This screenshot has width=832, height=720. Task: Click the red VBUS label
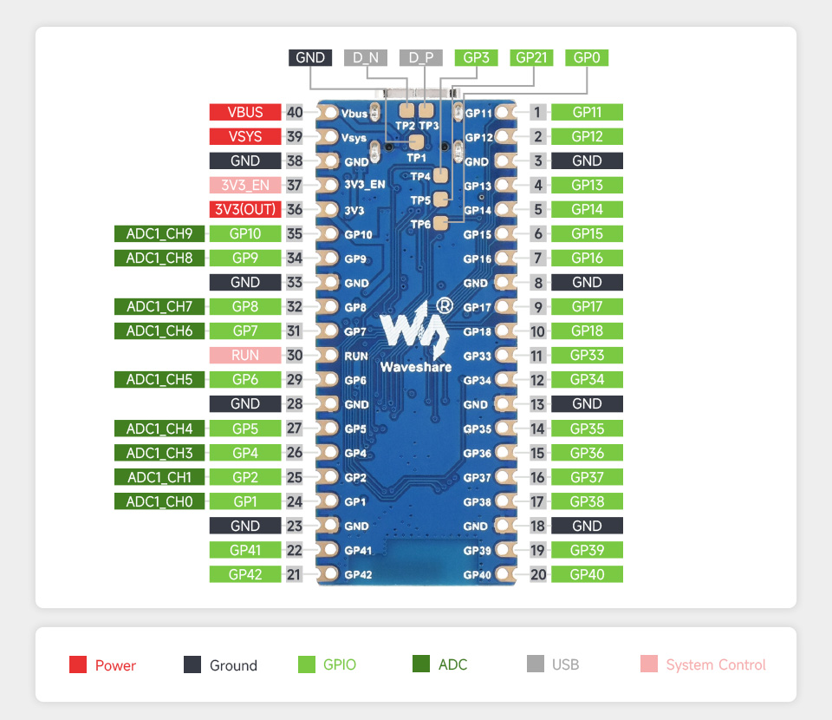tap(245, 112)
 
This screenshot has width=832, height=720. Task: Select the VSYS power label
tap(245, 136)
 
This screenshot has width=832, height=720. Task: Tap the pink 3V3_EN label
tap(245, 185)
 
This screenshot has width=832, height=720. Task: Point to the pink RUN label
tap(245, 355)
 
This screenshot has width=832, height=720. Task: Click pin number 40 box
tap(295, 112)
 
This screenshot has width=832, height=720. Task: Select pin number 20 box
tap(538, 573)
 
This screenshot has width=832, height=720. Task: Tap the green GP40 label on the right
tap(587, 573)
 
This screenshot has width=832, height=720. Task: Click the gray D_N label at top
tap(366, 58)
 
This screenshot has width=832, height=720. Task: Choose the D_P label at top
tap(421, 58)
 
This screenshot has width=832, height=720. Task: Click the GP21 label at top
tap(531, 58)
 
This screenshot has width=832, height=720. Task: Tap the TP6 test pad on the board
tap(441, 224)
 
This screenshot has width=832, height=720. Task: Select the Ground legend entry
tap(220, 665)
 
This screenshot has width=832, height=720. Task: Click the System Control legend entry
tap(703, 665)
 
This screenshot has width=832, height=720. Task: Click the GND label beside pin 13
tap(587, 403)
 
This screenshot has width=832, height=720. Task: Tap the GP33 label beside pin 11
tap(587, 355)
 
